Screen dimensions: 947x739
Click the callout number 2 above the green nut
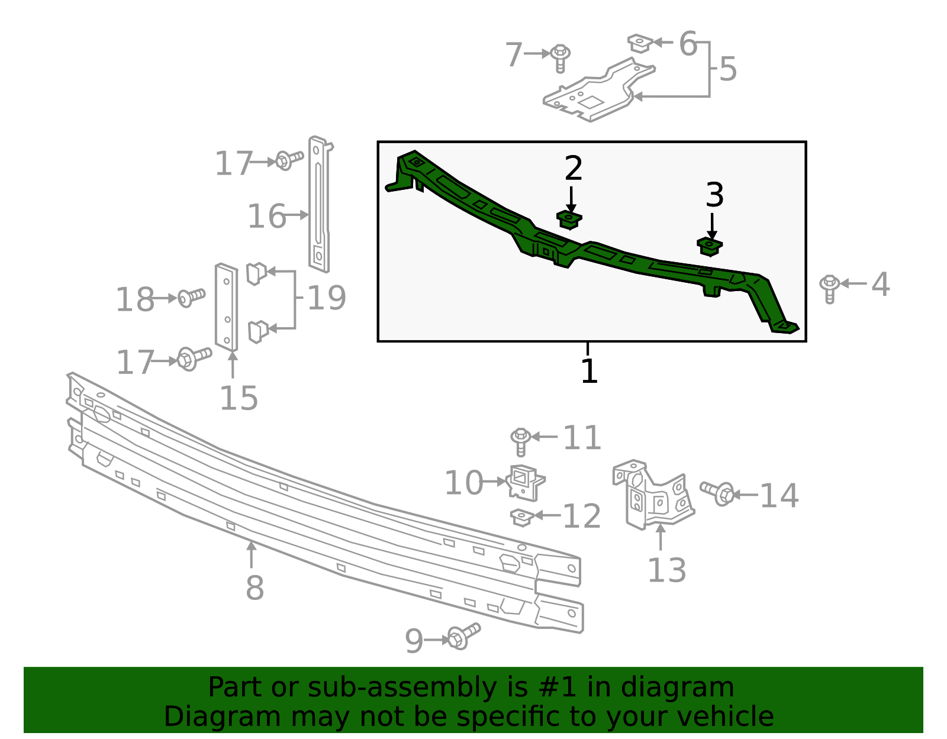point(573,168)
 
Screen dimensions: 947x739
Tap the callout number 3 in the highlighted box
point(715,195)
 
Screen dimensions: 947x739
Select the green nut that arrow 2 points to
point(569,220)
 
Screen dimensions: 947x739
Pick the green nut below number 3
point(710,247)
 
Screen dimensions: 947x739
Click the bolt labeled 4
point(829,289)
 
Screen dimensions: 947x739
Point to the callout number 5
point(728,69)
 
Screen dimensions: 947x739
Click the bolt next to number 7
point(560,59)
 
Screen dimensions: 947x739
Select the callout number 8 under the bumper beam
point(255,588)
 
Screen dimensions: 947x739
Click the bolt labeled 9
point(463,637)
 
